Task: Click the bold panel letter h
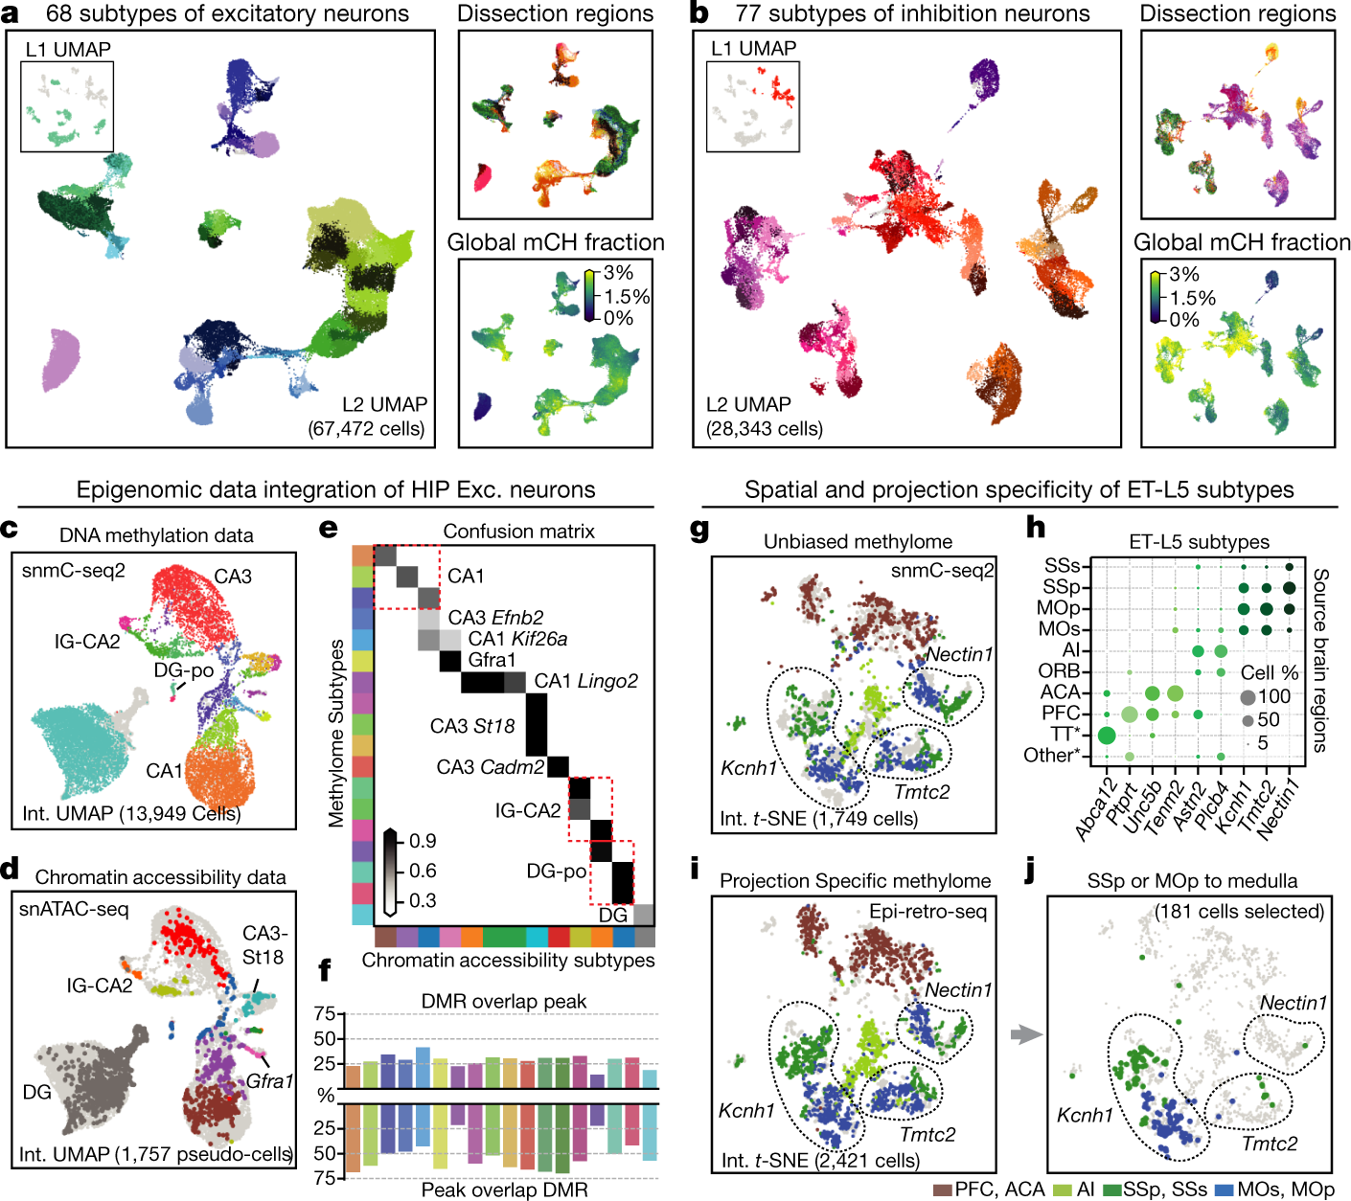[1035, 529]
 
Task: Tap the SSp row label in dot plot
[1062, 587]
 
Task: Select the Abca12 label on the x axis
[1096, 810]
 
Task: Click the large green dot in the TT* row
[1106, 735]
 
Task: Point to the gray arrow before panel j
[1024, 1034]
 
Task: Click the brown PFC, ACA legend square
[942, 1189]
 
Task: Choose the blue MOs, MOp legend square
[1224, 1189]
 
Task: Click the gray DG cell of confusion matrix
[644, 914]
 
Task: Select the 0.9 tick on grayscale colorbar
[423, 841]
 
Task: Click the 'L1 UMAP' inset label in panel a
[68, 50]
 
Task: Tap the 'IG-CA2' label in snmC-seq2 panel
[87, 642]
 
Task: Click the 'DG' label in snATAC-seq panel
[36, 1092]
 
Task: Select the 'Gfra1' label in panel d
[269, 1081]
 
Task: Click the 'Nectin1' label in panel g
[959, 655]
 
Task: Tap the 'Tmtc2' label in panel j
[1270, 1144]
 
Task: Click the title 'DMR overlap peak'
[504, 1001]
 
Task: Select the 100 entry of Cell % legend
[1274, 696]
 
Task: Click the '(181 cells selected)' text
[1240, 911]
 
